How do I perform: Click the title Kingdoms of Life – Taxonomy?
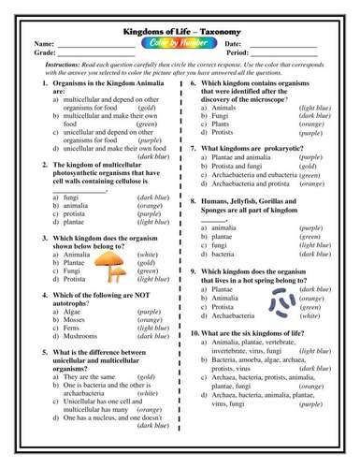coord(180,31)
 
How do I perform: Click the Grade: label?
coord(45,54)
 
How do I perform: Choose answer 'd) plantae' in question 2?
coord(71,223)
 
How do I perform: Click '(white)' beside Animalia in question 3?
coord(147,255)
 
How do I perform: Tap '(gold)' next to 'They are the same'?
coord(146,376)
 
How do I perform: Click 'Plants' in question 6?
coord(221,124)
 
